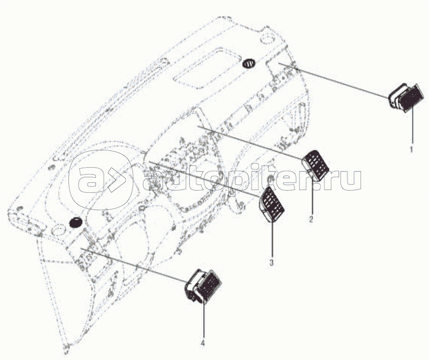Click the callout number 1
411,149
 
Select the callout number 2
311,219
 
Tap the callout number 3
272,263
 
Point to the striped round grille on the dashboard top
249,63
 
